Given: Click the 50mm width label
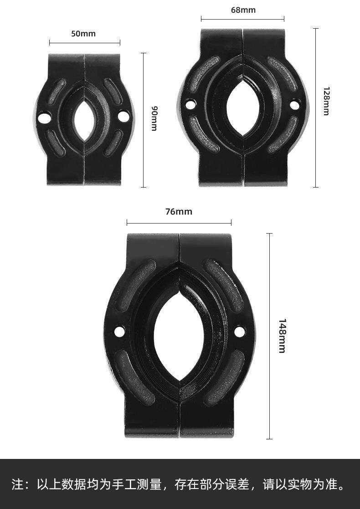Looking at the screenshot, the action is [83, 33].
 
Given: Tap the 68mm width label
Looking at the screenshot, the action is [243, 10].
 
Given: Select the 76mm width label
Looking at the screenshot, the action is [179, 212].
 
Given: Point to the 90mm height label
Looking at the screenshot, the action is [154, 118].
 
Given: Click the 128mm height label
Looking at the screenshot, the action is [326, 101].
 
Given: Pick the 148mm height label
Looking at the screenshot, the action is [282, 336].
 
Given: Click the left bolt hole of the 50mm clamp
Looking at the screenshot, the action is [44, 117].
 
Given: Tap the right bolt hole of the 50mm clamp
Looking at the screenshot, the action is [123, 116].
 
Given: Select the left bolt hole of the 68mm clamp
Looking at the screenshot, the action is [190, 105].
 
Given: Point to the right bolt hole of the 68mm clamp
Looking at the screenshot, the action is [294, 105].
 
